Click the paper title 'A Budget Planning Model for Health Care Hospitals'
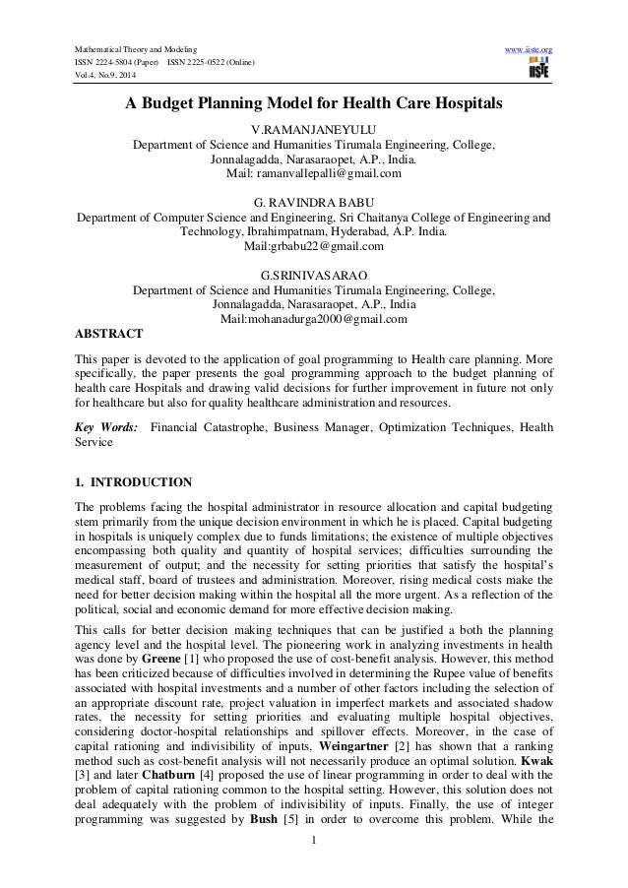click(313, 104)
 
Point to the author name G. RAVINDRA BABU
click(314, 200)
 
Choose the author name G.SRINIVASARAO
click(314, 272)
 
